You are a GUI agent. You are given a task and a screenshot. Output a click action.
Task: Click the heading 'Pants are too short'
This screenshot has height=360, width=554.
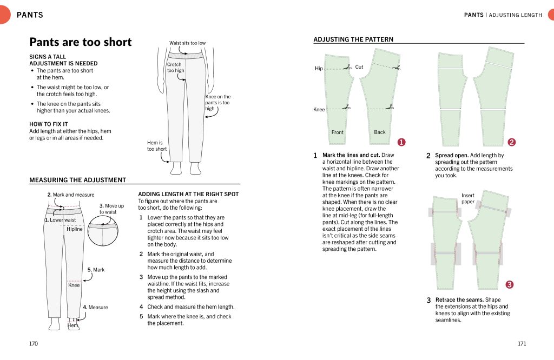(80, 42)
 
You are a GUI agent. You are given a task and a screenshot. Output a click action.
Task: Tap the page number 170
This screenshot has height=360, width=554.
(34, 344)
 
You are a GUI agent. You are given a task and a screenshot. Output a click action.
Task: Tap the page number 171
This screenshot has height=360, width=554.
(522, 344)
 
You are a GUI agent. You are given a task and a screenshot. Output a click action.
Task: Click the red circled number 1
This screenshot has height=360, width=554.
(401, 142)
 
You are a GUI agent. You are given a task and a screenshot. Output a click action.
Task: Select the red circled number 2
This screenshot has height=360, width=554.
(512, 142)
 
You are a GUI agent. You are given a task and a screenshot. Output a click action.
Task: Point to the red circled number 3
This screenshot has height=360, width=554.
(509, 284)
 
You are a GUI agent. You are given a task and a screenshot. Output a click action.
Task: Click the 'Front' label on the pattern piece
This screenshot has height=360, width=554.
(337, 132)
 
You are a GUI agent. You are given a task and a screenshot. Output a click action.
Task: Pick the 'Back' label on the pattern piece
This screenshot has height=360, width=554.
(380, 132)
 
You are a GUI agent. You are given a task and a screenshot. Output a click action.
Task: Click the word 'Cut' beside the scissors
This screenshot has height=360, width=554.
(359, 67)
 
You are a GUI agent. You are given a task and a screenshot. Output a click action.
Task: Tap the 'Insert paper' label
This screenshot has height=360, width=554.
(467, 198)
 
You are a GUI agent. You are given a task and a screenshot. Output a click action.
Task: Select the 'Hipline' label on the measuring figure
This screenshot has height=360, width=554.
(75, 229)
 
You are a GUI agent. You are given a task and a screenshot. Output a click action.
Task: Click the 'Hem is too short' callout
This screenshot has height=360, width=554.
(157, 146)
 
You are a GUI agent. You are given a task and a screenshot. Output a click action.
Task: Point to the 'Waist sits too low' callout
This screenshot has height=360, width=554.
(187, 43)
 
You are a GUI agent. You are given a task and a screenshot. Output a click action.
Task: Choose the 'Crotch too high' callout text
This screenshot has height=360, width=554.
(175, 68)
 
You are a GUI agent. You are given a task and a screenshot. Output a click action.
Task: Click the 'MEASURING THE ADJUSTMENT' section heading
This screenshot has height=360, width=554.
(77, 180)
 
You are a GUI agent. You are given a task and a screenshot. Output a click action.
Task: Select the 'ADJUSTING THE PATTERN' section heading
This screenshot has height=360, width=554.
(353, 39)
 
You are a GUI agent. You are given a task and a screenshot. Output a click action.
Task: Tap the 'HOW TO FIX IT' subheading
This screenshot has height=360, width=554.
(49, 124)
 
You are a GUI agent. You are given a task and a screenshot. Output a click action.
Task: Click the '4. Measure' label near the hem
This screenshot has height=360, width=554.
(95, 308)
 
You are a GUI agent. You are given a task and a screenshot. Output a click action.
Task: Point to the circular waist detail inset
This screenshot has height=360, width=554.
(103, 231)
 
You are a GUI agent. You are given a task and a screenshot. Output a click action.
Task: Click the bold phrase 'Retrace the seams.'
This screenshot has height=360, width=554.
(460, 300)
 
